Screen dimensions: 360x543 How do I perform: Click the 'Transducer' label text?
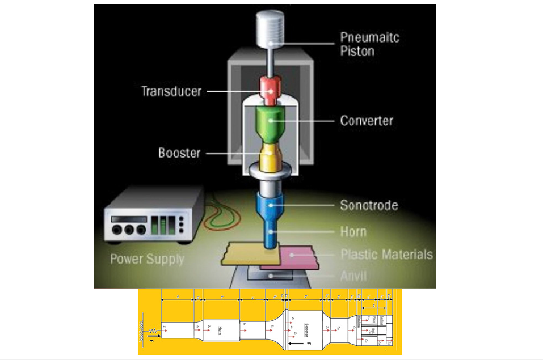pos(171,91)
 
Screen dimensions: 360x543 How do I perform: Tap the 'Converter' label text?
pos(367,120)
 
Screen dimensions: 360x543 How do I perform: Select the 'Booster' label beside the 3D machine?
pos(179,153)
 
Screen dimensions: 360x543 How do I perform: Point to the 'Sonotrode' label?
pos(369,205)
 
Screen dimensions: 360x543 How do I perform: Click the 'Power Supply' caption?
pos(147,259)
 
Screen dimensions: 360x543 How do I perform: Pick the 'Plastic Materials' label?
pos(386,254)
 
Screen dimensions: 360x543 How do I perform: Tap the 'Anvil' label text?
pos(353,276)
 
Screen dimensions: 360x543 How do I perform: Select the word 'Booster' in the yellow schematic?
pos(306,329)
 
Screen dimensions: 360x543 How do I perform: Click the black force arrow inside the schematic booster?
pos(296,344)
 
